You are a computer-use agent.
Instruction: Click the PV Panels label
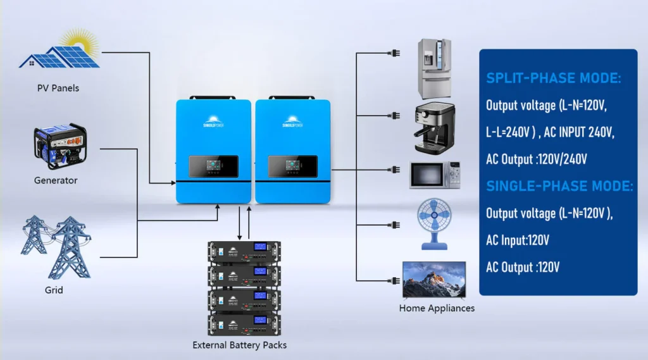click(58, 88)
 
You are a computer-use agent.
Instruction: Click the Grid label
click(54, 290)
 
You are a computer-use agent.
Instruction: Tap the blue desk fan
click(433, 223)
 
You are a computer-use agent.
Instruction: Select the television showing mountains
click(434, 280)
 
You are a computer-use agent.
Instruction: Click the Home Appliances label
click(437, 308)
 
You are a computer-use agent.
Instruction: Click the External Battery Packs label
click(240, 345)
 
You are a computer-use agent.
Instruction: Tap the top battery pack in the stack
click(244, 252)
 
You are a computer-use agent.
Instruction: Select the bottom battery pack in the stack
click(244, 323)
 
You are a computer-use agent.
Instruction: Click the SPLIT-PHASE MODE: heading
click(553, 78)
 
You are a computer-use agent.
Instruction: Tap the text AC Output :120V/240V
click(537, 159)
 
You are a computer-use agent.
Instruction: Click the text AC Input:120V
click(517, 240)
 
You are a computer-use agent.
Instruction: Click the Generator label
click(56, 180)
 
